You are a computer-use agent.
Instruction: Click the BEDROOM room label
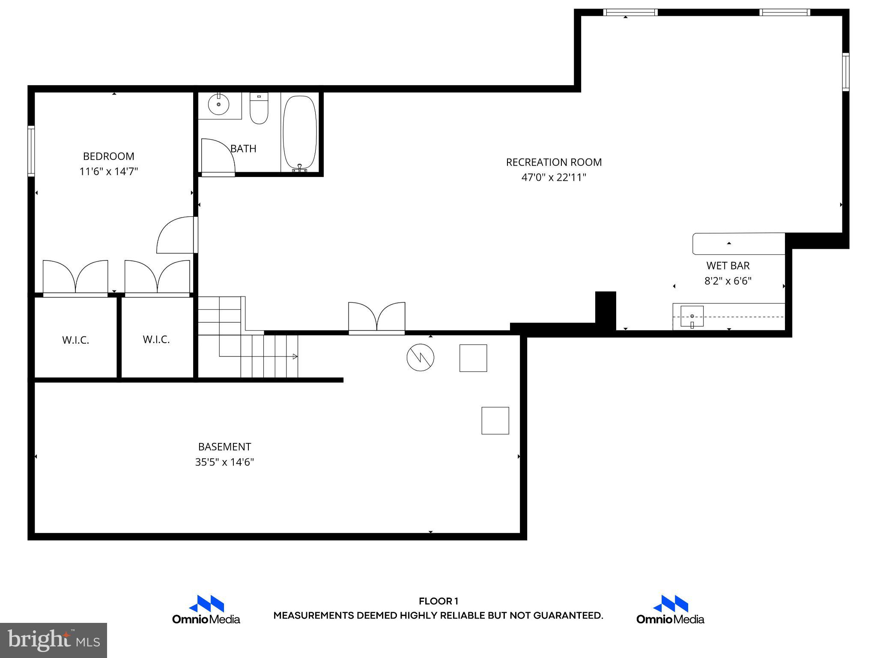pyautogui.click(x=108, y=156)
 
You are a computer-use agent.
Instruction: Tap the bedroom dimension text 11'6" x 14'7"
pyautogui.click(x=108, y=172)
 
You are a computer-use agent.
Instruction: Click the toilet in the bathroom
pyautogui.click(x=259, y=109)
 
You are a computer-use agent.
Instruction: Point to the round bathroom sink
pyautogui.click(x=219, y=104)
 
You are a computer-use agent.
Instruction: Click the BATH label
pyautogui.click(x=243, y=149)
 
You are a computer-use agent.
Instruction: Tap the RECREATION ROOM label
pyautogui.click(x=554, y=162)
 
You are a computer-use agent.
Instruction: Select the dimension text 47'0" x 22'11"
pyautogui.click(x=554, y=177)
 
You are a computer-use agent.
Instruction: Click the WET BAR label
pyautogui.click(x=728, y=266)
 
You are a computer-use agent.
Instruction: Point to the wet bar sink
pyautogui.click(x=692, y=316)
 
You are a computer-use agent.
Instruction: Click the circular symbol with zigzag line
pyautogui.click(x=420, y=357)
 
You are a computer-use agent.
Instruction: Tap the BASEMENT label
pyautogui.click(x=224, y=447)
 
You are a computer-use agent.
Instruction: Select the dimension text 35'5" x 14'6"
pyautogui.click(x=224, y=462)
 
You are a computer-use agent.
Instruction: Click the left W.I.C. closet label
pyautogui.click(x=75, y=340)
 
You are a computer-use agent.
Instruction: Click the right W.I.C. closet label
pyautogui.click(x=156, y=340)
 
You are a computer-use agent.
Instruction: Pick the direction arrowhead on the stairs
pyautogui.click(x=295, y=356)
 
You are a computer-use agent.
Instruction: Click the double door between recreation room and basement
pyautogui.click(x=377, y=319)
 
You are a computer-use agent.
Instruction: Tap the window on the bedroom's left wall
pyautogui.click(x=31, y=151)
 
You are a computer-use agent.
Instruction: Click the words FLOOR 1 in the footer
pyautogui.click(x=438, y=601)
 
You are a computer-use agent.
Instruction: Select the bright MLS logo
pyautogui.click(x=54, y=640)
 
